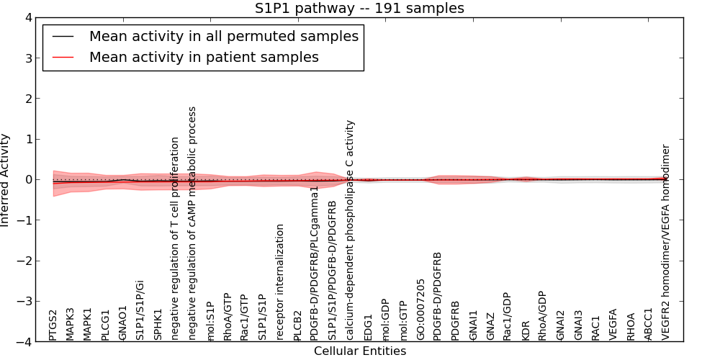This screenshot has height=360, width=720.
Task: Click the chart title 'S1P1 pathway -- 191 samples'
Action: click(x=359, y=8)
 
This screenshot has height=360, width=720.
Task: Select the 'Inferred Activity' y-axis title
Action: click(x=6, y=180)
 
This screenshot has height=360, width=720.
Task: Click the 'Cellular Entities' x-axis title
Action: click(x=359, y=351)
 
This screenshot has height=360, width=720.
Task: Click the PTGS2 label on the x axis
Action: click(x=53, y=325)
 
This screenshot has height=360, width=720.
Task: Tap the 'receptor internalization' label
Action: click(x=281, y=282)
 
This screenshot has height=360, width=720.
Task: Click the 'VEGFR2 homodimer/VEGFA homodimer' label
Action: click(x=666, y=242)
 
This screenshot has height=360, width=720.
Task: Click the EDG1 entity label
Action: click(x=368, y=327)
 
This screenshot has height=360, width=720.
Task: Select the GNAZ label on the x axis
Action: click(x=490, y=325)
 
